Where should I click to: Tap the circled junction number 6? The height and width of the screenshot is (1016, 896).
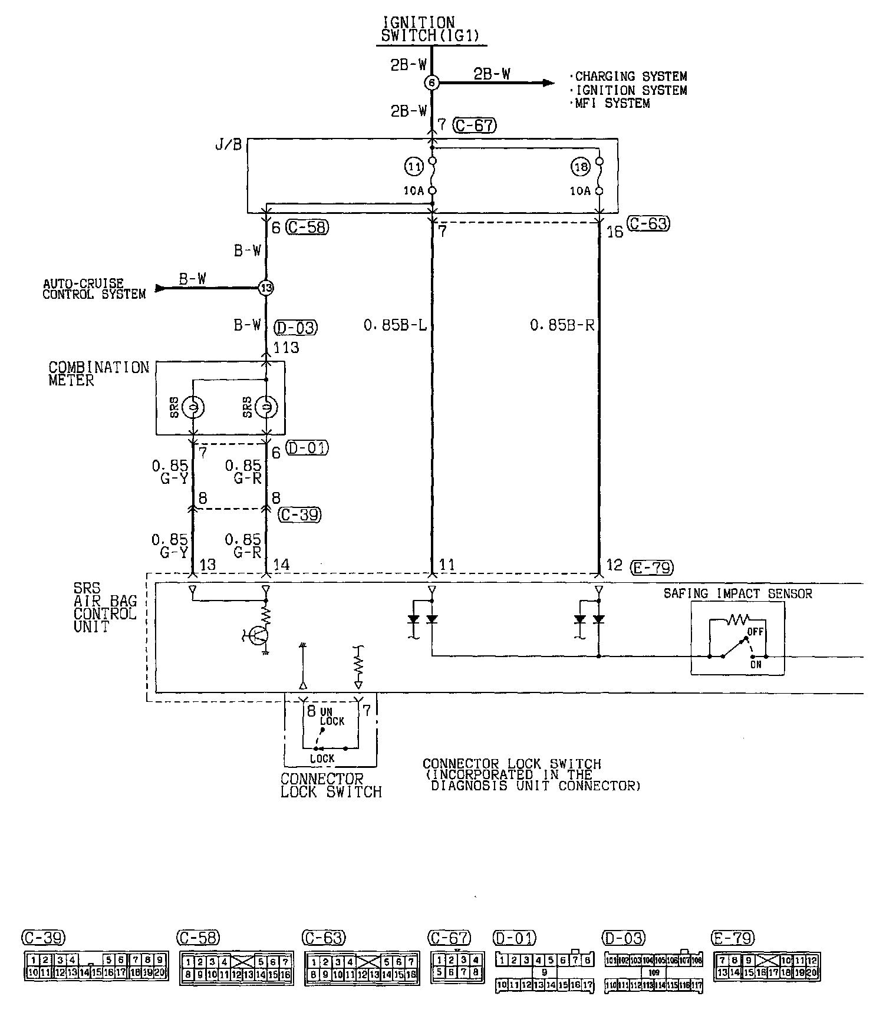431,83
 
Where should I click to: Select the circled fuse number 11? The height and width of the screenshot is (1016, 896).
414,167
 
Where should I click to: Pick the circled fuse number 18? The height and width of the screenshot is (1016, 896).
581,167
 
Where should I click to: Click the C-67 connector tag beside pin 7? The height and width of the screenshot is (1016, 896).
475,125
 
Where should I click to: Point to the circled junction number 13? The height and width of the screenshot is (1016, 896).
266,288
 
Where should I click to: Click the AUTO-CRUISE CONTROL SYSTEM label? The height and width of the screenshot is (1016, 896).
94,289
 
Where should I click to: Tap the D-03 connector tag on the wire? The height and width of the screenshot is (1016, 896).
296,327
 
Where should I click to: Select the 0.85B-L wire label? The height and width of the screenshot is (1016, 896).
395,325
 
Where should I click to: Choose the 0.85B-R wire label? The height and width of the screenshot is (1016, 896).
562,325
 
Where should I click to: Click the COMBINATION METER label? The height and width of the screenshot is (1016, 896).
98,374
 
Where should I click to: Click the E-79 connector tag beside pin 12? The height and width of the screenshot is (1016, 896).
652,567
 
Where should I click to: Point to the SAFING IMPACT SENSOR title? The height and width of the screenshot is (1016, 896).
737,593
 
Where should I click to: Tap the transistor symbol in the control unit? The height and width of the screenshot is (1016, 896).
258,635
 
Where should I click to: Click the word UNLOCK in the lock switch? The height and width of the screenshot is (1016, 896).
331,716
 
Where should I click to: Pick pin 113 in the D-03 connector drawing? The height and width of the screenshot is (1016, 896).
647,985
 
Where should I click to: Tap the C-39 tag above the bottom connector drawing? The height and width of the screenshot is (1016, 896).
43,938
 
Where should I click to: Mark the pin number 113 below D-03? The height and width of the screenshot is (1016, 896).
286,348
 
